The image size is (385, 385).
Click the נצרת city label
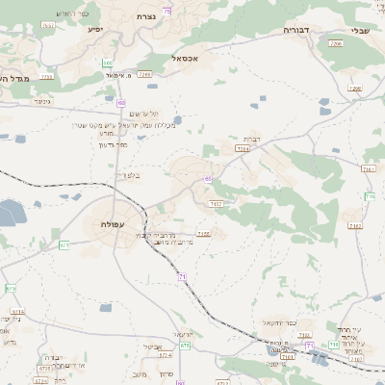pyautogui.click(x=146, y=17)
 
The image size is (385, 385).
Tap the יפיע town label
pyautogui.click(x=94, y=29)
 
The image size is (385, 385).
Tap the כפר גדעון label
pyautogui.click(x=113, y=145)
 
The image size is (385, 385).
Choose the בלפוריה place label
pyautogui.click(x=126, y=175)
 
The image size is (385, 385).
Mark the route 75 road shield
pyautogui.click(x=167, y=10)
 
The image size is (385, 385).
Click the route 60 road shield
pyautogui.click(x=121, y=102)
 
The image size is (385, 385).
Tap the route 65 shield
pyautogui.click(x=208, y=179)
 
